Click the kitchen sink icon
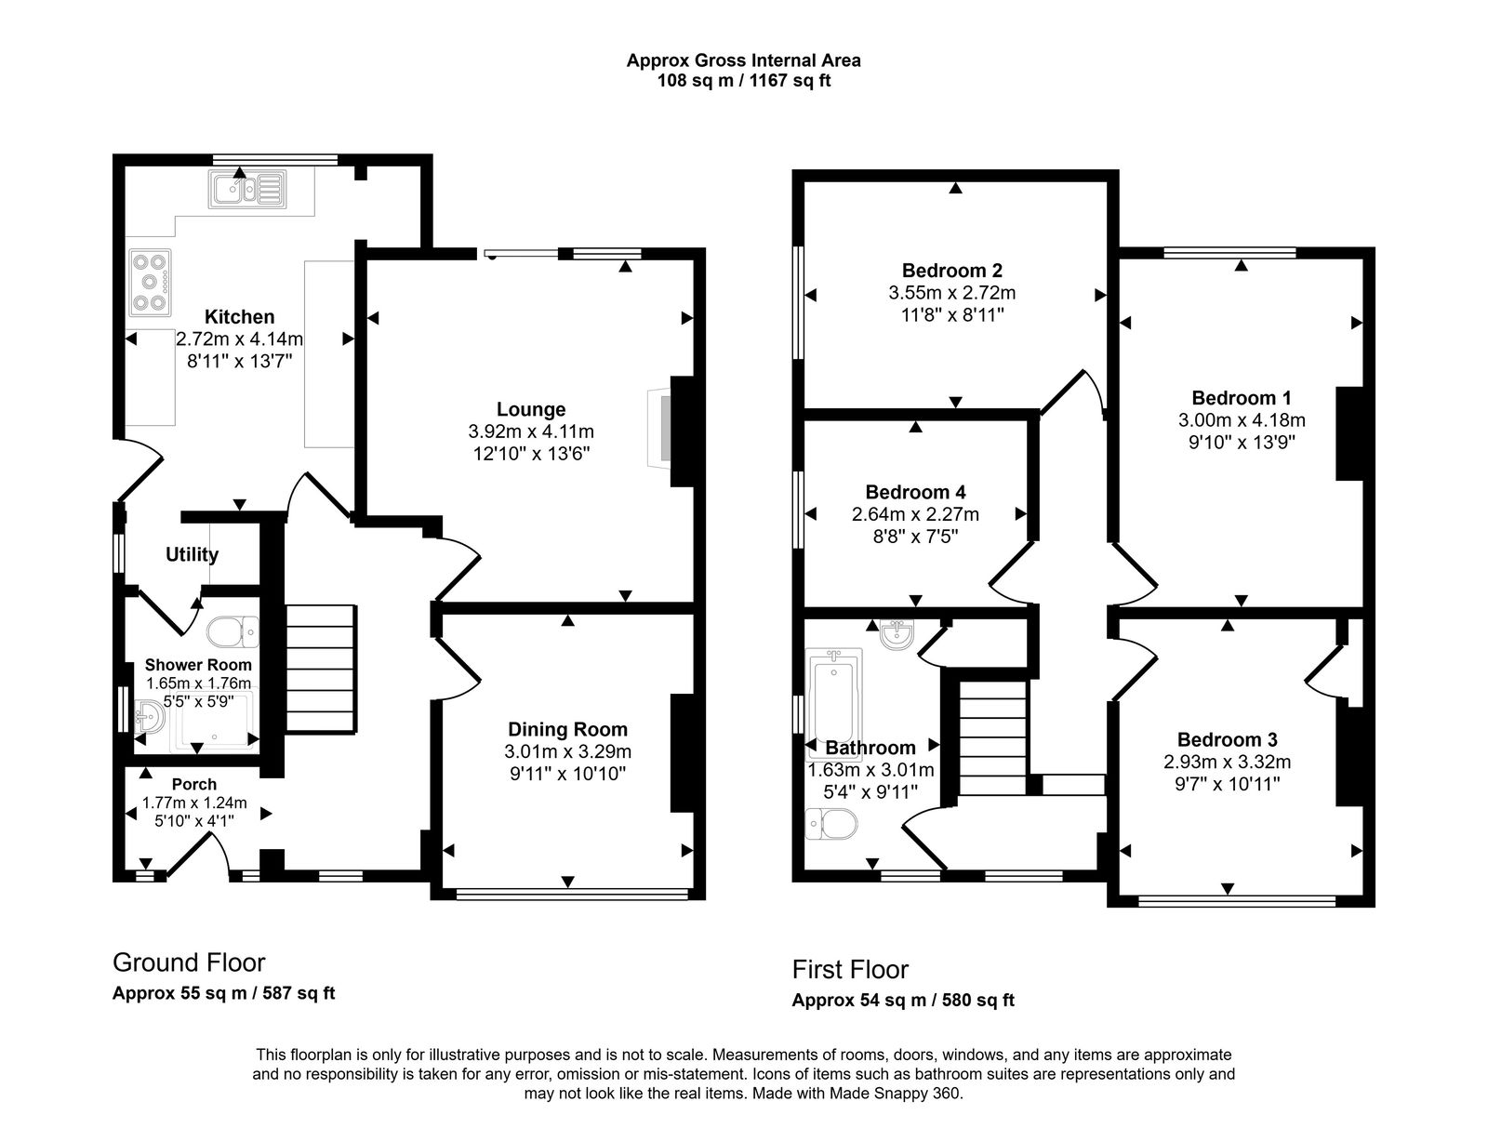tap(247, 190)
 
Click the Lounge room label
tap(531, 409)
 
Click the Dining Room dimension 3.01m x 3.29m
tap(567, 751)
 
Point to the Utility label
tap(192, 555)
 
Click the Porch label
tap(194, 784)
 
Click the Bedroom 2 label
tap(951, 271)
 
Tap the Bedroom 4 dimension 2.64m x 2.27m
tap(915, 514)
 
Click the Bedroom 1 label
tap(1241, 398)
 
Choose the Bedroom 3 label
tap(1227, 740)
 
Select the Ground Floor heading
tap(189, 962)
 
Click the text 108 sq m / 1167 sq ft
tap(743, 81)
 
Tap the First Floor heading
tap(850, 970)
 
